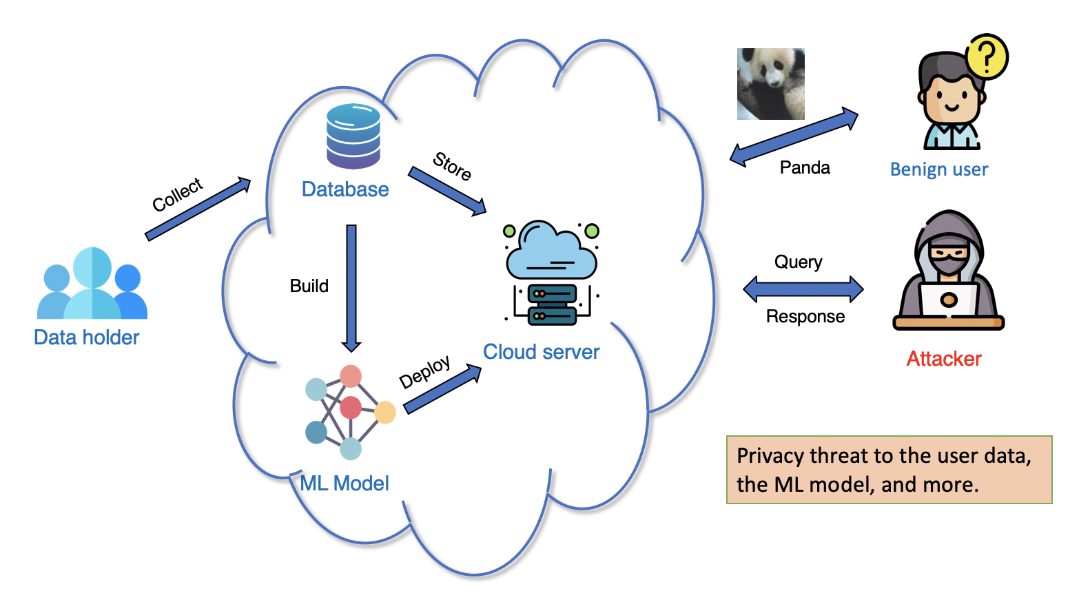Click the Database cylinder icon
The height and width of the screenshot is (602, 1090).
point(353,136)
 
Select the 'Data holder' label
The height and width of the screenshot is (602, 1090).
point(86,338)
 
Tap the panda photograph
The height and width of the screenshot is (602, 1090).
point(770,84)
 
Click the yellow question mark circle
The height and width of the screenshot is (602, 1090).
point(987,57)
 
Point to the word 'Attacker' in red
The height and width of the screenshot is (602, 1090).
point(943,359)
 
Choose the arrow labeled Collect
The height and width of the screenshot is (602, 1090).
point(198,209)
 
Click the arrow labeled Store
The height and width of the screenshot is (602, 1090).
point(447,191)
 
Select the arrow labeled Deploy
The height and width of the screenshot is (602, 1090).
point(442,389)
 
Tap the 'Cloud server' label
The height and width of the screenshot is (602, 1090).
point(541,352)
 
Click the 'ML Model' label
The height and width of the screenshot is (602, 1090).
point(345,484)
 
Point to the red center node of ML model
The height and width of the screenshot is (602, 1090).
point(351,408)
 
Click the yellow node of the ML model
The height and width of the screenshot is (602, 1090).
point(384,413)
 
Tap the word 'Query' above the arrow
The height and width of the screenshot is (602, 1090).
point(798,262)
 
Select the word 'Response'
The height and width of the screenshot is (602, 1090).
point(805,316)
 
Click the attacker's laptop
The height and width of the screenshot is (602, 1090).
point(949,302)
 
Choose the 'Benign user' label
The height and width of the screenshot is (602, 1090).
point(938,169)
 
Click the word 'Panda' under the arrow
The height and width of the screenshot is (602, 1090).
point(804,168)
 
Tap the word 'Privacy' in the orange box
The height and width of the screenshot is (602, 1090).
point(770,456)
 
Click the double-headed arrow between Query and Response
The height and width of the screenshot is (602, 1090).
point(803,289)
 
